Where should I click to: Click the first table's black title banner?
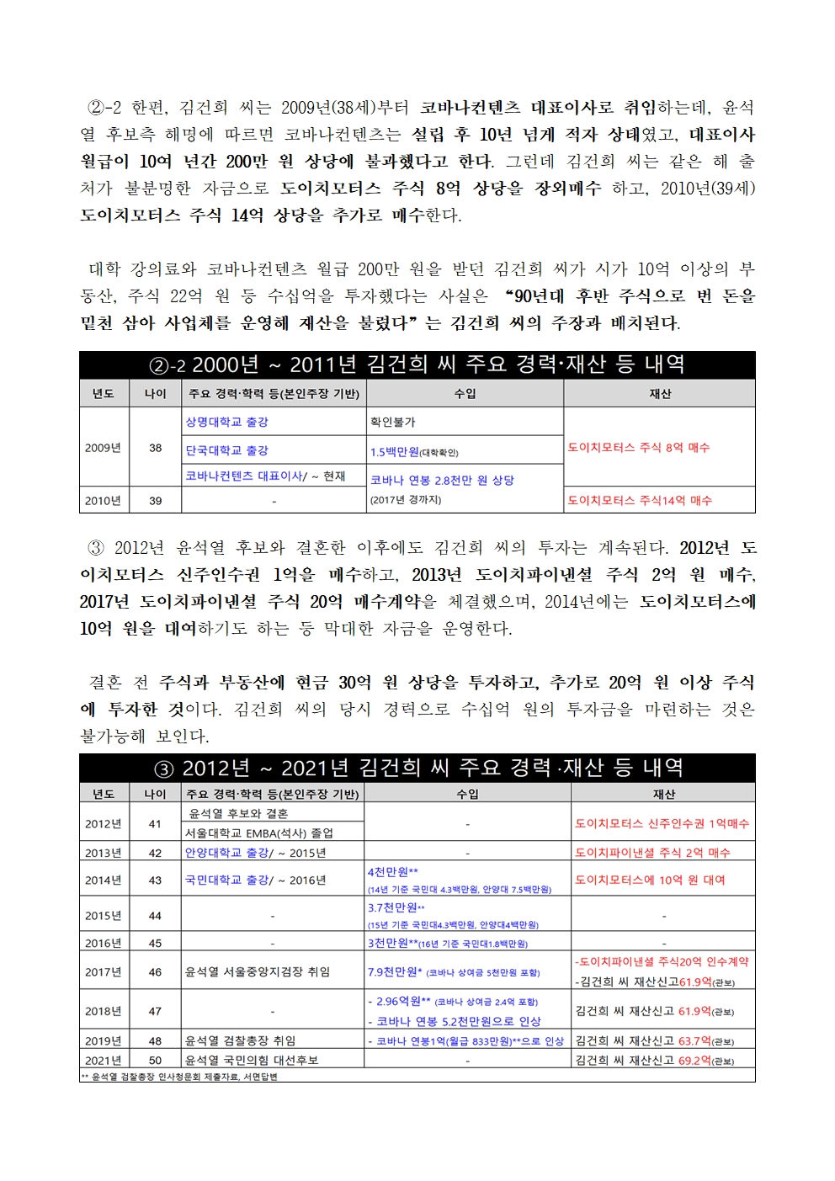417,364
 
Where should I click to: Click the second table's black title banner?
417,768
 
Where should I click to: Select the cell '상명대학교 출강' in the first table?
227,422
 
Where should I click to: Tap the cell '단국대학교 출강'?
227,450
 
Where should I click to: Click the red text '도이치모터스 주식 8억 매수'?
639,448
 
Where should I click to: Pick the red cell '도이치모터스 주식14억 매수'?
640,500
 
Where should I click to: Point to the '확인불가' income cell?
392,422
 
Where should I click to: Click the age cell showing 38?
155,448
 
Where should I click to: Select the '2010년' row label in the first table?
103,500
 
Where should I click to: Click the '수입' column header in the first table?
465,393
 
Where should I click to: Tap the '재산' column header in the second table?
663,794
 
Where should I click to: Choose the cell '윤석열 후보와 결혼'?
238,813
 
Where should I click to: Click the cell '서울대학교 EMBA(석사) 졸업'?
259,833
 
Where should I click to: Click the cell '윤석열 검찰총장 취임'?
241,1040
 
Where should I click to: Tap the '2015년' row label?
103,915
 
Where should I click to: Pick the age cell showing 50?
155,1060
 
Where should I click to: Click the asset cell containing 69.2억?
655,1060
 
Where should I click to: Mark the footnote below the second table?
179,1077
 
